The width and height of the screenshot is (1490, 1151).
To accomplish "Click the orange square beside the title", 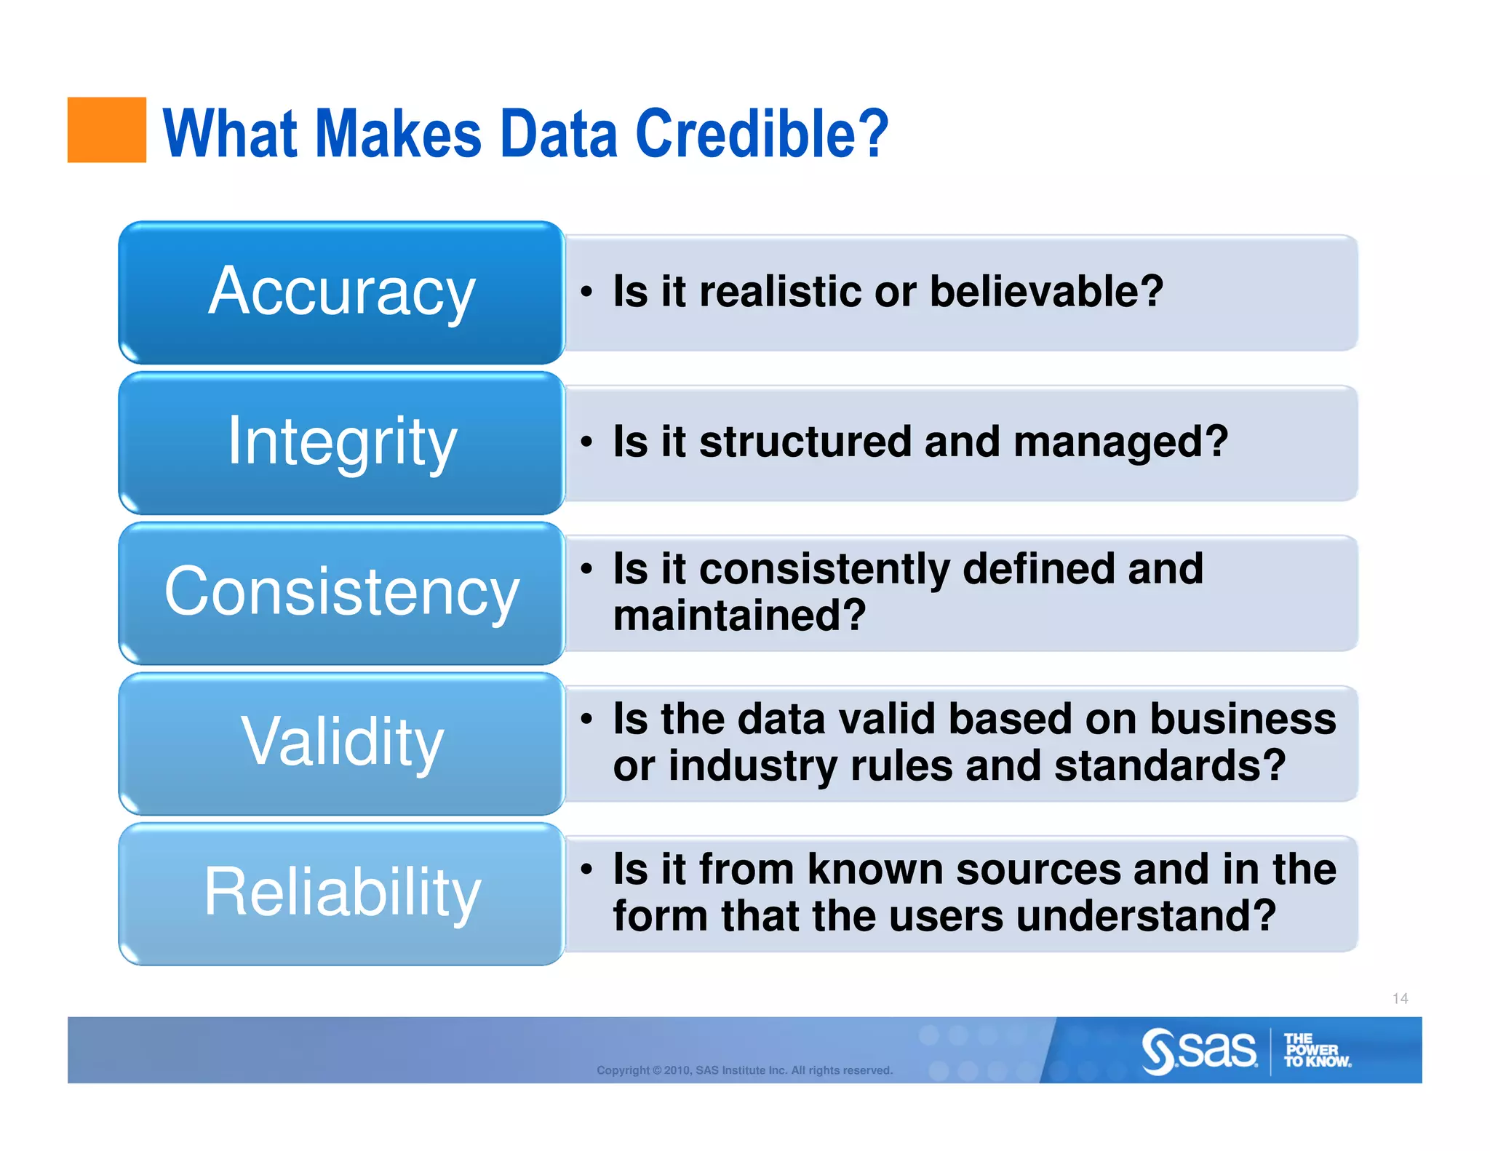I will [x=106, y=130].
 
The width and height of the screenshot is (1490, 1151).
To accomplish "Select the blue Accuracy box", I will [x=341, y=292].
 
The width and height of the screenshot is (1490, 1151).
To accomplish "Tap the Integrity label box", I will [x=341, y=442].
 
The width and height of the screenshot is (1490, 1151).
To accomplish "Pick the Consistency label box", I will [x=341, y=592].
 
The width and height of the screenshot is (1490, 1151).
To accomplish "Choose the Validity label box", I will [x=341, y=743].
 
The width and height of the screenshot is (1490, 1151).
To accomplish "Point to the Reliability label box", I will [x=341, y=893].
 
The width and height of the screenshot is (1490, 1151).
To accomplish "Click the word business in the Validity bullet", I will [x=1243, y=719].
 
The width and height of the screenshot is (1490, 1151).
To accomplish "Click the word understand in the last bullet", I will [x=1145, y=915].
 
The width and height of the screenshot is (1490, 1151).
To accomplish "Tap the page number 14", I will [x=1400, y=998].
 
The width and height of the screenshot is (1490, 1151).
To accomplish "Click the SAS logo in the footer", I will [x=1199, y=1051].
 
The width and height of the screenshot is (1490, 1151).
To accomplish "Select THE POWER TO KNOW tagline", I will [x=1316, y=1051].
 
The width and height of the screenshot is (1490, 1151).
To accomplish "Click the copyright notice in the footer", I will [x=744, y=1070].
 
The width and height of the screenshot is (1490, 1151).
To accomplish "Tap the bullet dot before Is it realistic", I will [x=586, y=292].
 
